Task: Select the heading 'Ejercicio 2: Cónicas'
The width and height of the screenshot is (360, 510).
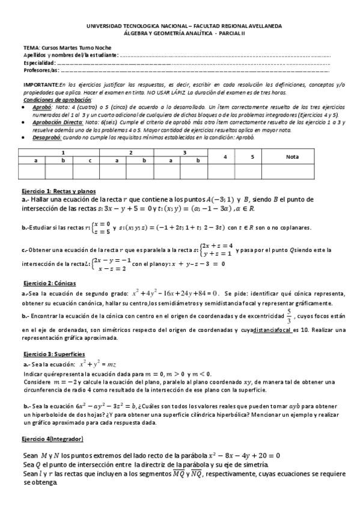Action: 46,282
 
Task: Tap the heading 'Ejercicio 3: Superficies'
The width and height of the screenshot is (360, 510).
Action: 49,355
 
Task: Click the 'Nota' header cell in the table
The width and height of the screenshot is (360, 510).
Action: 292,156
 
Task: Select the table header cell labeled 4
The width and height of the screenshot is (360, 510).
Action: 225,156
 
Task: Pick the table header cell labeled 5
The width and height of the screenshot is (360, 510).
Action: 252,156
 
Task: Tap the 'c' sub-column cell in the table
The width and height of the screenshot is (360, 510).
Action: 90,161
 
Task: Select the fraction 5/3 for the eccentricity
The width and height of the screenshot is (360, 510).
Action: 288,317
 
